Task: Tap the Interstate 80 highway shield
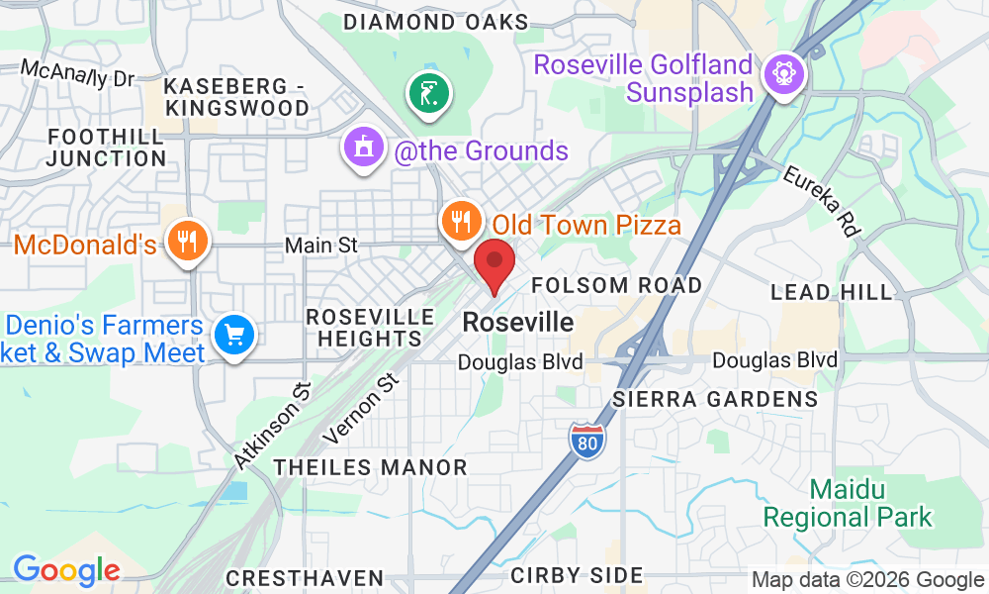586,441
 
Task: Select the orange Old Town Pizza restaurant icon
461,221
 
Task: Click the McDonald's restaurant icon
185,240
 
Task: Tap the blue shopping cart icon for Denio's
235,335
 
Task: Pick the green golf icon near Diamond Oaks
429,94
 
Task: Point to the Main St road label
319,245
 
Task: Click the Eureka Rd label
822,199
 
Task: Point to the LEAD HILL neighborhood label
831,292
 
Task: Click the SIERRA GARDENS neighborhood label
715,400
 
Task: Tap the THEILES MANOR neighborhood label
370,467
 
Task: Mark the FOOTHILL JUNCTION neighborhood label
106,147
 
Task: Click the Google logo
66,570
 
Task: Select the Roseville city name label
517,323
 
